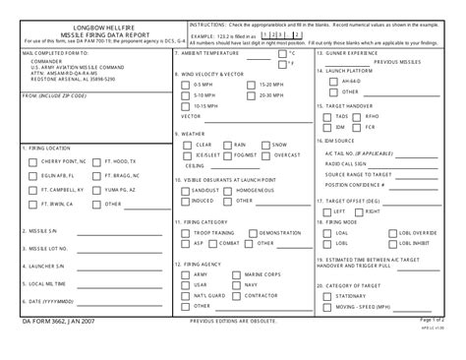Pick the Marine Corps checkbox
(236, 274)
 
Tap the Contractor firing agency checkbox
(236, 294)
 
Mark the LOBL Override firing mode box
(391, 232)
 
